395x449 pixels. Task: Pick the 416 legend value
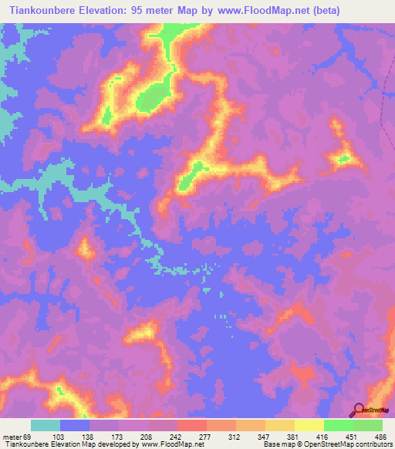[x=323, y=437]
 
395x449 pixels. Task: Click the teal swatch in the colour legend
[x=46, y=425]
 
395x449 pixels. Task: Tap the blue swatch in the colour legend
[x=75, y=425]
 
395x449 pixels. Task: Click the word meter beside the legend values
[x=8, y=437]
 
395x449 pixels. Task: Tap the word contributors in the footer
[x=372, y=445]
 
